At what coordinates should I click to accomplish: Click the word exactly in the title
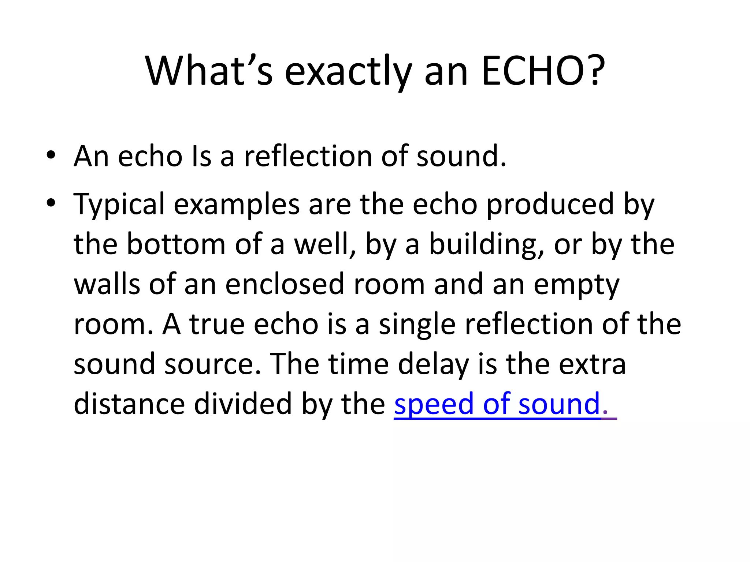pyautogui.click(x=348, y=72)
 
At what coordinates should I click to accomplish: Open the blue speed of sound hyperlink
pyautogui.click(x=497, y=404)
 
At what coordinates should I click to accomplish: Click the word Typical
pyautogui.click(x=119, y=205)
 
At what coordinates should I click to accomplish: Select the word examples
pyautogui.click(x=237, y=205)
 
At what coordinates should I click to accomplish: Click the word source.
pyautogui.click(x=213, y=364)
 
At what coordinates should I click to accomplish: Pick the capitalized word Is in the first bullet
pyautogui.click(x=201, y=156)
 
